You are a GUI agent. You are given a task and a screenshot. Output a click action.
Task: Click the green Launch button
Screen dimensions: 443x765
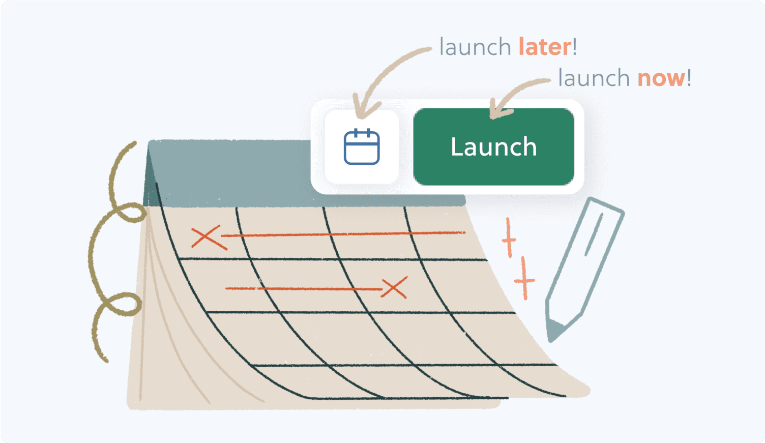493,146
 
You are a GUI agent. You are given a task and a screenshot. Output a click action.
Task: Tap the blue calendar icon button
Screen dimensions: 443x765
362,147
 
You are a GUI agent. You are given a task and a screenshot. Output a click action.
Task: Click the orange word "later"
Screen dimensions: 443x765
545,47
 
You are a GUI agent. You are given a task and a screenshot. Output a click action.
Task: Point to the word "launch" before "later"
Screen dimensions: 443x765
475,47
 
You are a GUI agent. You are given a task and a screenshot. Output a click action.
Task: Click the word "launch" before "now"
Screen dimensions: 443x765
594,78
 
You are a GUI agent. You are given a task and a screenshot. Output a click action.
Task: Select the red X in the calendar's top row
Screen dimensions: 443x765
209,238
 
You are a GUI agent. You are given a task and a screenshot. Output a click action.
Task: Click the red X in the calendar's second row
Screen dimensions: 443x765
394,288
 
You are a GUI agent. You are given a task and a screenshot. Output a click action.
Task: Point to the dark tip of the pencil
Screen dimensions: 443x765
555,330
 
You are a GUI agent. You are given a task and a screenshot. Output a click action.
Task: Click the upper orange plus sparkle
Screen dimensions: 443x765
509,239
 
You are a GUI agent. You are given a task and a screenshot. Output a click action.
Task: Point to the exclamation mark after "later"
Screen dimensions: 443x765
575,47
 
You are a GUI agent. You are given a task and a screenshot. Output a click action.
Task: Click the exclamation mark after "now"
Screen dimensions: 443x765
689,78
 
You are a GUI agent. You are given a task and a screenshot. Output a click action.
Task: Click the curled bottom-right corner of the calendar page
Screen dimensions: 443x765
575,389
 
